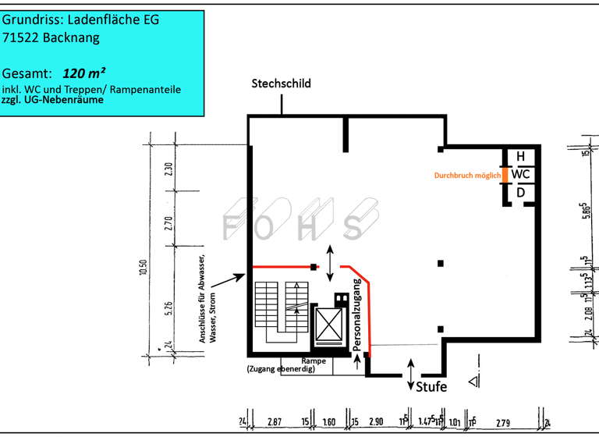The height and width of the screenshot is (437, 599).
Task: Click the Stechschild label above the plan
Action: [x=280, y=83]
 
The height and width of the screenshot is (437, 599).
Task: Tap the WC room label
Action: [x=520, y=174]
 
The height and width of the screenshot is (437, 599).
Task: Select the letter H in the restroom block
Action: [x=520, y=157]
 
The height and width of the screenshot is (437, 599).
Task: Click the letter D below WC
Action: [x=520, y=192]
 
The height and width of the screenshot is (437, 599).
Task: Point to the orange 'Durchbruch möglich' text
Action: [x=467, y=176]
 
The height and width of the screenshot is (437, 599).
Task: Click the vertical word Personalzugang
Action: [x=357, y=312]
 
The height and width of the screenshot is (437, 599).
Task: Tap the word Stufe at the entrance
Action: [x=431, y=387]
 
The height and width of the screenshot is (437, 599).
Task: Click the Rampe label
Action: [x=314, y=361]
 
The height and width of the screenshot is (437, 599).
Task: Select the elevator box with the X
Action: [x=328, y=325]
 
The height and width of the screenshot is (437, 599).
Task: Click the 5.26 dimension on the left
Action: [x=168, y=309]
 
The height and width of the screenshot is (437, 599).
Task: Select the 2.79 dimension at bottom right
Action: [x=503, y=422]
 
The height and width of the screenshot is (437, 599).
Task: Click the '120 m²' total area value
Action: [x=84, y=73]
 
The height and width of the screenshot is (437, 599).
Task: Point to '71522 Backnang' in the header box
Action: [x=48, y=38]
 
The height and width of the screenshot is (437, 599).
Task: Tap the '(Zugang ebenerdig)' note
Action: [x=282, y=369]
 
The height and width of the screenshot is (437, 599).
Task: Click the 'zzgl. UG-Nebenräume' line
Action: [x=52, y=100]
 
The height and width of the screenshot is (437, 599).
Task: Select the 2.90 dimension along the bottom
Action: [x=376, y=422]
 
